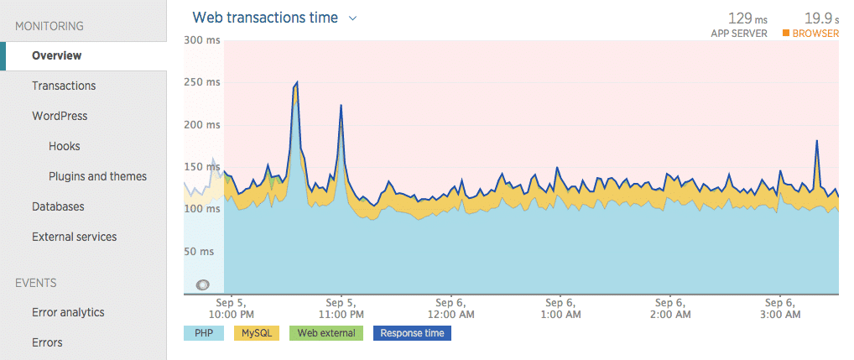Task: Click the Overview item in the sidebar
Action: (57, 55)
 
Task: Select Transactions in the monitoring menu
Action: (64, 86)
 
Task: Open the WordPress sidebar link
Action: (60, 116)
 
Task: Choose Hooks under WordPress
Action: (65, 146)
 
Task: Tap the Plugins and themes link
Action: (97, 176)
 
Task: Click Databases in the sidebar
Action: (58, 206)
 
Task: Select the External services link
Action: (74, 237)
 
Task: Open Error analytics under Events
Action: (68, 312)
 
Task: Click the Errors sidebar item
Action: (47, 342)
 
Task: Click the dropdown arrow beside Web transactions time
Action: (353, 18)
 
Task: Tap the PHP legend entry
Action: (204, 333)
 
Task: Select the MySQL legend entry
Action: (255, 333)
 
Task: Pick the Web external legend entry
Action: (325, 333)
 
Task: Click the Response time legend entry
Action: (411, 333)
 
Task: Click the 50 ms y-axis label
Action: (203, 251)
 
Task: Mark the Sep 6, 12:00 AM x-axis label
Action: (450, 308)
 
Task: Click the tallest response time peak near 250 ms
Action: (297, 82)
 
